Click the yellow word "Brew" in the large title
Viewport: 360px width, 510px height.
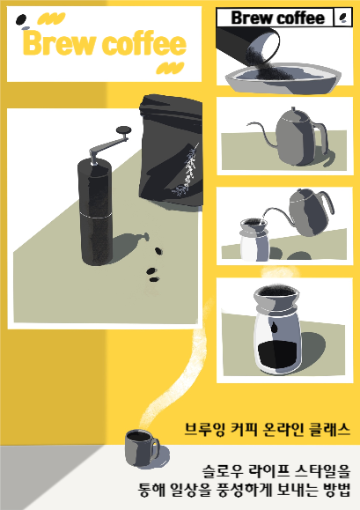(x=60, y=43)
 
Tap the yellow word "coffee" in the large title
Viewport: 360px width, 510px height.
(x=144, y=43)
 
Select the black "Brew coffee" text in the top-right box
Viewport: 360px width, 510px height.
(x=278, y=18)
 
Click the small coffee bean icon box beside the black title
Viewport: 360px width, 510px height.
(x=342, y=18)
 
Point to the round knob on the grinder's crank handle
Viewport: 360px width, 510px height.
(x=124, y=130)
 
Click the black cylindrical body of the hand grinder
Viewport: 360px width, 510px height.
(x=96, y=211)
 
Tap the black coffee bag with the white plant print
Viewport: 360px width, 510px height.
(x=171, y=151)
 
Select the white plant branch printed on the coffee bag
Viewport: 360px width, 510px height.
(x=187, y=171)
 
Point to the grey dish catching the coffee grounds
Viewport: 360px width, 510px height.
(x=283, y=78)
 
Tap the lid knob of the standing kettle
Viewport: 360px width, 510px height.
(x=293, y=109)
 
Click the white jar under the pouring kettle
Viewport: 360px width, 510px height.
(x=254, y=240)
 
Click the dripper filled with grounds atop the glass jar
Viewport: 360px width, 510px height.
(x=276, y=299)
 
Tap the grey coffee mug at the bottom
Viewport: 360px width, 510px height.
(x=142, y=447)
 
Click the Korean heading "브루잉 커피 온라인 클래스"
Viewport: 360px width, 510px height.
(x=267, y=429)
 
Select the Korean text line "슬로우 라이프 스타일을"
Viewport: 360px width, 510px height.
(x=276, y=471)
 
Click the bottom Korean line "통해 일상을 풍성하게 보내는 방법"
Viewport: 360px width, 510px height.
(x=245, y=490)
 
